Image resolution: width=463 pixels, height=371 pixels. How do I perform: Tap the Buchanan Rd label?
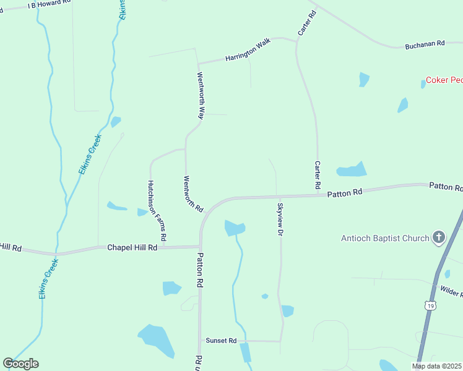click(x=425, y=45)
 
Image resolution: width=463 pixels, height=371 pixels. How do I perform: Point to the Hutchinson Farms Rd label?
click(x=157, y=210)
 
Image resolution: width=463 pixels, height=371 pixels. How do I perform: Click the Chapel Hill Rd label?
click(x=132, y=247)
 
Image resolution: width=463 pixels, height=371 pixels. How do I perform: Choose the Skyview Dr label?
click(x=280, y=220)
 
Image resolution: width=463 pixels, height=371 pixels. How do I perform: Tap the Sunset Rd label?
click(x=222, y=341)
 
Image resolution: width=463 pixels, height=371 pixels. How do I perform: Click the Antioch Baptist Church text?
click(x=385, y=238)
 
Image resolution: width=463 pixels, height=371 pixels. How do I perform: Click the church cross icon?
click(x=438, y=237)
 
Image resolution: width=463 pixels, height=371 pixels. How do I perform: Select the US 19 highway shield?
click(x=430, y=305)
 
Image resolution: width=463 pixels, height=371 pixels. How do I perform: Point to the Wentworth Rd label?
click(x=193, y=194)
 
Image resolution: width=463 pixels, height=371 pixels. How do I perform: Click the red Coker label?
click(x=444, y=80)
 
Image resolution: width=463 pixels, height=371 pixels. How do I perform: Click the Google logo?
click(x=20, y=364)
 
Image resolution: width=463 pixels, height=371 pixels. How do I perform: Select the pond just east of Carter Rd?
click(x=352, y=169)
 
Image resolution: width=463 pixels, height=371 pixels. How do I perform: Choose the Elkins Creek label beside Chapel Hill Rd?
click(x=48, y=279)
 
